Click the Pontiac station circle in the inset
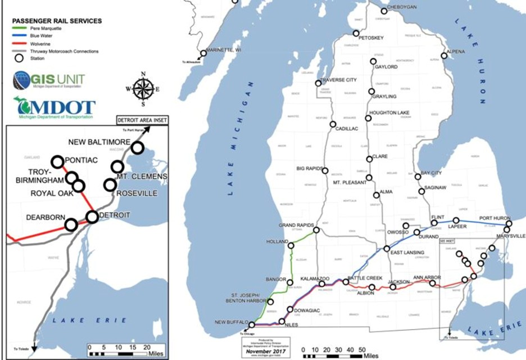tap(57, 160)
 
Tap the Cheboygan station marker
tap(384, 11)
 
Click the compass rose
tap(144, 89)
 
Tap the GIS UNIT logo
tap(49, 79)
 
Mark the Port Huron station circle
tap(509, 224)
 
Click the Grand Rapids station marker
tap(316, 230)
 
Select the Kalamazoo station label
tap(314, 278)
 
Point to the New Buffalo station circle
tap(252, 325)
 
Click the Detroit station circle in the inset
tap(92, 217)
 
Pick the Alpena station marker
tap(444, 56)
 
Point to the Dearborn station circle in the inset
tap(71, 225)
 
